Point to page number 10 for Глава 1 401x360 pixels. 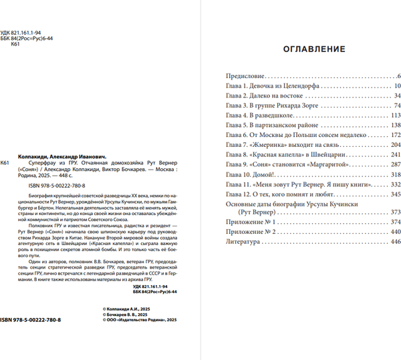pos(396,87)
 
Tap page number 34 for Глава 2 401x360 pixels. pos(396,96)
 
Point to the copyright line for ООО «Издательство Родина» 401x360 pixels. pos(141,321)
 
